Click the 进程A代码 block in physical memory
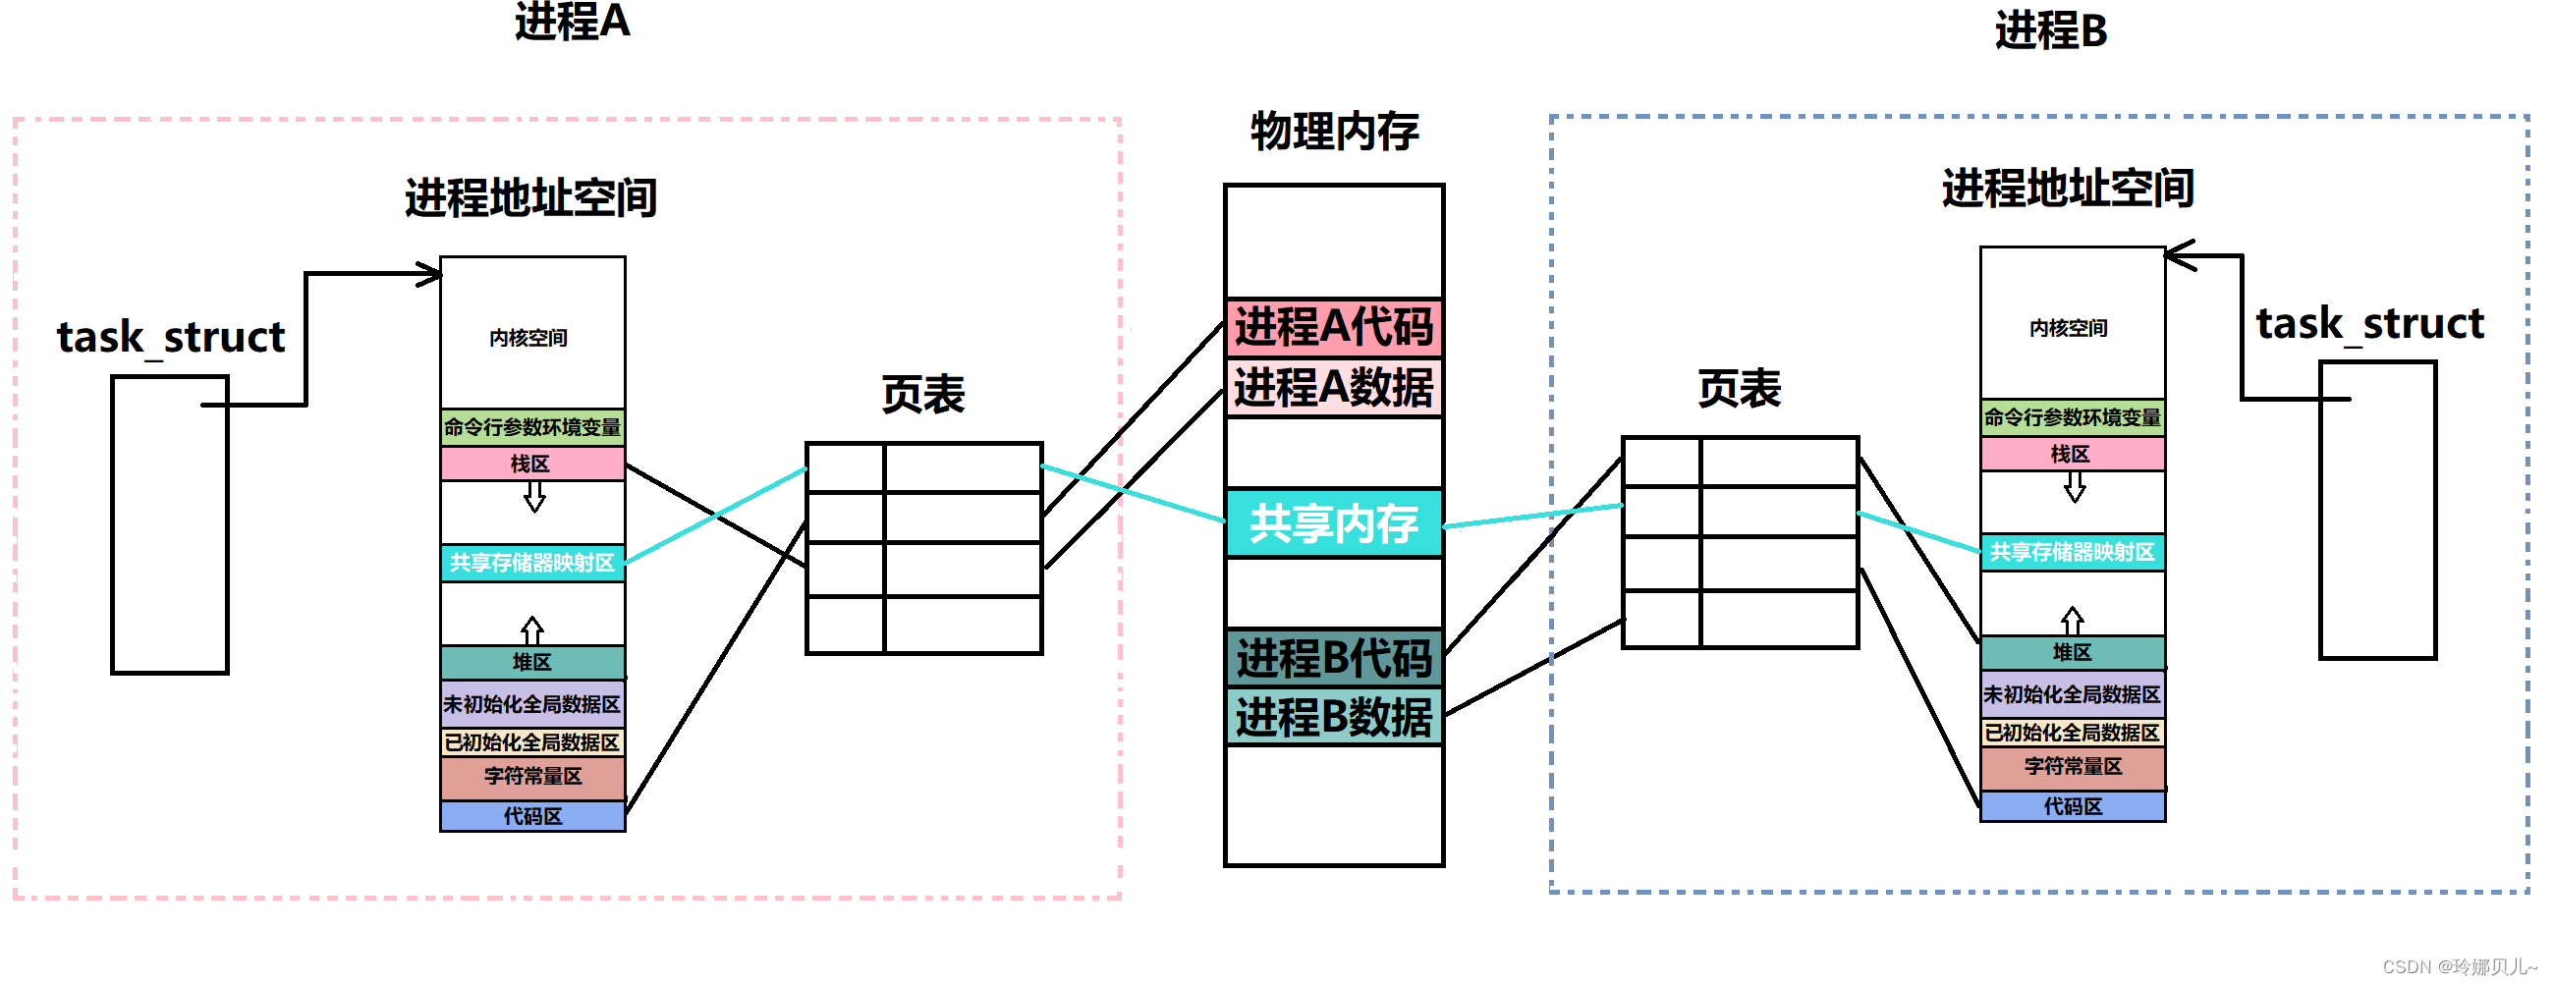pyautogui.click(x=1333, y=327)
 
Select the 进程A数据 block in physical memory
pyautogui.click(x=1333, y=388)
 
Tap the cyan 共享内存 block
pyautogui.click(x=1333, y=523)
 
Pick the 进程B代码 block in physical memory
pyautogui.click(x=1333, y=658)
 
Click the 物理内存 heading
pyautogui.click(x=1334, y=132)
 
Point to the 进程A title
pyautogui.click(x=572, y=22)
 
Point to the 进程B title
pyautogui.click(x=2049, y=30)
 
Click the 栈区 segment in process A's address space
pyautogui.click(x=532, y=464)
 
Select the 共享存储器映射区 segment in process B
pyautogui.click(x=2072, y=552)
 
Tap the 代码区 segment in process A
pyautogui.click(x=532, y=816)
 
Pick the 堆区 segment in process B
pyautogui.click(x=2072, y=652)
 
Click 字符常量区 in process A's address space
pyautogui.click(x=532, y=777)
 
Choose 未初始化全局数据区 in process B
pyautogui.click(x=2072, y=694)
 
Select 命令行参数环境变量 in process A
pyautogui.click(x=532, y=427)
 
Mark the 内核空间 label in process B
pyautogui.click(x=2069, y=328)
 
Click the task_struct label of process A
pyautogui.click(x=171, y=338)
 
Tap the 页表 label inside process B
pyautogui.click(x=1739, y=389)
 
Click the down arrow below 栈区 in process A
pyautogui.click(x=534, y=497)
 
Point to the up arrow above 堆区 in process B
pyautogui.click(x=2072, y=621)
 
